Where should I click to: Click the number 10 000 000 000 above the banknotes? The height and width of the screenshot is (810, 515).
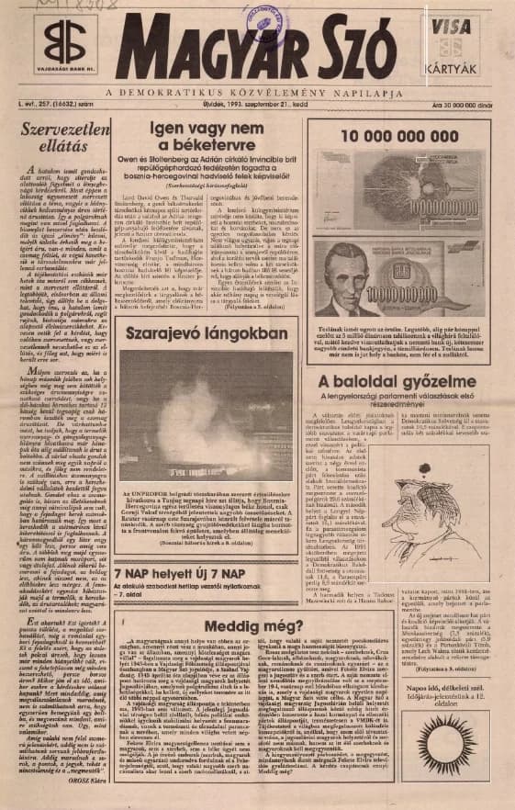coord(405,134)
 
